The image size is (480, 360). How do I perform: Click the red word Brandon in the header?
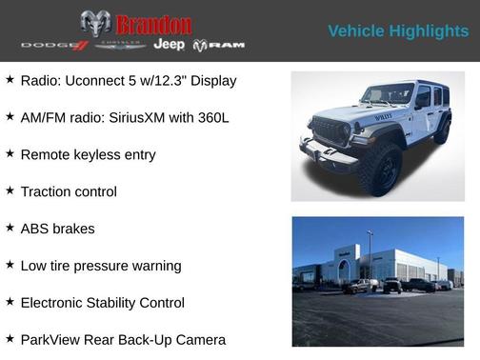tap(153, 24)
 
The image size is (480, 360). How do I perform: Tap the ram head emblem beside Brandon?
tap(95, 23)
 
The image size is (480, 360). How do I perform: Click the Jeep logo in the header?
tap(169, 45)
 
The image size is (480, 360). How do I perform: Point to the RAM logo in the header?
tap(219, 46)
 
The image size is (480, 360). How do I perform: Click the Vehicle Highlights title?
tap(398, 31)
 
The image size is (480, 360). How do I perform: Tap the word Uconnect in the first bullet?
tap(90, 81)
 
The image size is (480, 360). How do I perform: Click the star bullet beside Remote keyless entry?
tap(10, 153)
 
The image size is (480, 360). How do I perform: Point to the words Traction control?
tap(69, 191)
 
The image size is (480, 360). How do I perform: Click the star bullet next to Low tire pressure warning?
tap(10, 265)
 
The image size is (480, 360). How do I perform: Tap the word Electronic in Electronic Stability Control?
tap(55, 303)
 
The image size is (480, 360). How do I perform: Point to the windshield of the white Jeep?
tap(386, 94)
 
